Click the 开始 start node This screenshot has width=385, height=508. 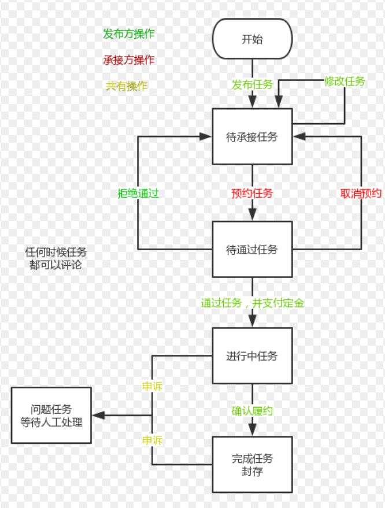click(x=252, y=39)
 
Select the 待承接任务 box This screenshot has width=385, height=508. click(x=252, y=137)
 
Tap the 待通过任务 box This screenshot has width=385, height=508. click(x=252, y=250)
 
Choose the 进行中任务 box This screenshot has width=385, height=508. click(x=252, y=356)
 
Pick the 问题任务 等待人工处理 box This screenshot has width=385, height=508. click(x=51, y=415)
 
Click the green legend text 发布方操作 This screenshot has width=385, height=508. click(x=129, y=34)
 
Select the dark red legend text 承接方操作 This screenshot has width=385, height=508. click(x=129, y=60)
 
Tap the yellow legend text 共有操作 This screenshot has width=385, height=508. click(x=127, y=86)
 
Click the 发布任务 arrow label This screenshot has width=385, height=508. click(x=252, y=84)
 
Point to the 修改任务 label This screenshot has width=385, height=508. click(x=345, y=81)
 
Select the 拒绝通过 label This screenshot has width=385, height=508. click(x=138, y=194)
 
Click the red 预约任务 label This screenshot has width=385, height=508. click(x=252, y=194)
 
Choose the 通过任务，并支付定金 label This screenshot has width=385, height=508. click(x=252, y=302)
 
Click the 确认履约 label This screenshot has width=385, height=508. click(x=252, y=411)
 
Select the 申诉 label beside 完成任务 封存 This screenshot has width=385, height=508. click(x=153, y=440)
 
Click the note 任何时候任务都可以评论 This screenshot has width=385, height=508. click(x=56, y=258)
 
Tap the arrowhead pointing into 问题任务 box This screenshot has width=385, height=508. click(x=97, y=415)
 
